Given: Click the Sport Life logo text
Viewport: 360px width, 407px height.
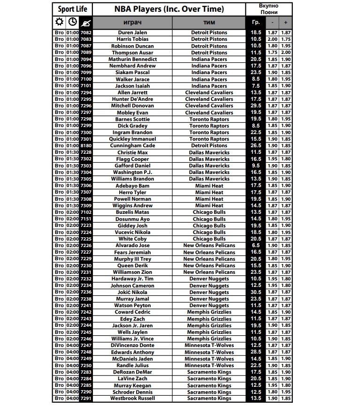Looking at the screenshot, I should point(72,9).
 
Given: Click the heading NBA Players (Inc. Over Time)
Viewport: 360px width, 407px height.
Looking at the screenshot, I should point(169,9).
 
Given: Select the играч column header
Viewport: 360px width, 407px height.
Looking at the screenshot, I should point(132,23).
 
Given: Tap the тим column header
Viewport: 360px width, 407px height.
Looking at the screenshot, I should point(209,23).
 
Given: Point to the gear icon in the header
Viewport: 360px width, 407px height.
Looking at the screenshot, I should point(59,22).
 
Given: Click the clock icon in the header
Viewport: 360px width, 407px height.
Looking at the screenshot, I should point(73,22).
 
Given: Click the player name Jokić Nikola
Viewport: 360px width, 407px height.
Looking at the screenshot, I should point(132,292).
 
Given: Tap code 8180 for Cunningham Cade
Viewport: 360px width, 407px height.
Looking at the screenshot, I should point(86,146).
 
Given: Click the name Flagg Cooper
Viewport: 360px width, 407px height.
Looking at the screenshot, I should point(132,159).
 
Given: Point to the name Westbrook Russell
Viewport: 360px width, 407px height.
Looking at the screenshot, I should point(132,399).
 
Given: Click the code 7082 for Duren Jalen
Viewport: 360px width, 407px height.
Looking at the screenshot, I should point(86,33).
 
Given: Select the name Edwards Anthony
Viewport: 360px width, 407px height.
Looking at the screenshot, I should point(132,352).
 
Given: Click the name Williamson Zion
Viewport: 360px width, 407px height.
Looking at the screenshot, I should point(132,272).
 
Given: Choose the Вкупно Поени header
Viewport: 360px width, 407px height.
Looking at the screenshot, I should point(268,9).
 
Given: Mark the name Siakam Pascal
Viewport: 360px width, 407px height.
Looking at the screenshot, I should point(132,73).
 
